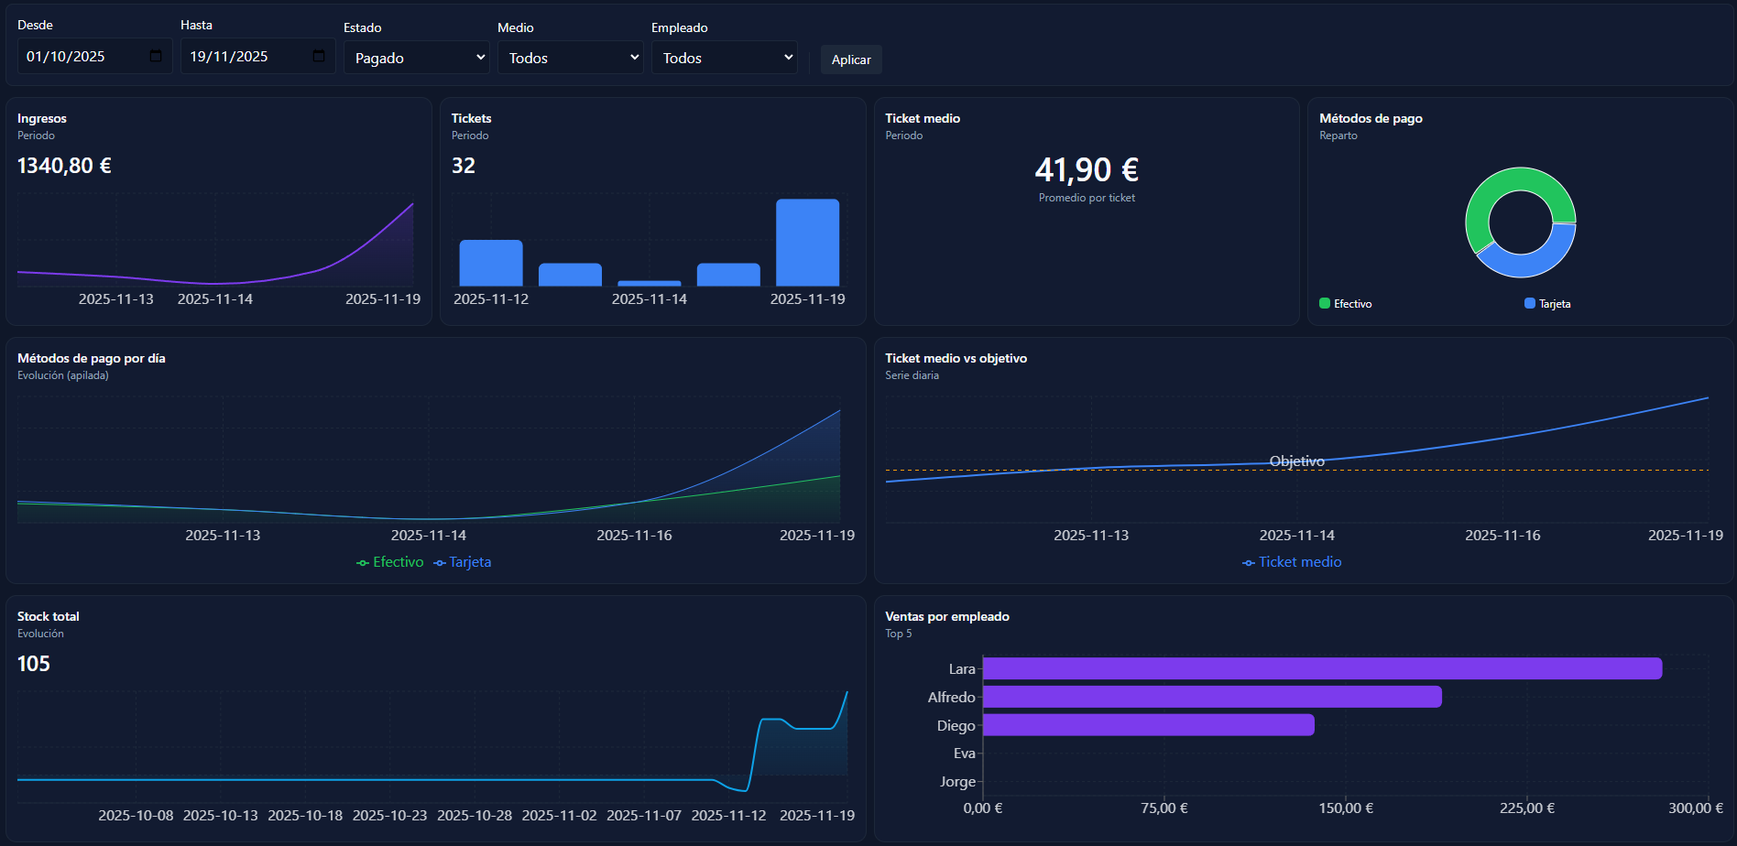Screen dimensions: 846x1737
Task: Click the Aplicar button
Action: (851, 60)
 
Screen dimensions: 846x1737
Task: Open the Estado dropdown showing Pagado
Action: (417, 58)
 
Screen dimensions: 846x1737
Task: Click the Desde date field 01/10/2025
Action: (82, 57)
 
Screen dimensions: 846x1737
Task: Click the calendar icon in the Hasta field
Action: (319, 57)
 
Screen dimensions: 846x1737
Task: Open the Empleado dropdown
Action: (724, 58)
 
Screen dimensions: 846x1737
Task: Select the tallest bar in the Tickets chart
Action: (807, 243)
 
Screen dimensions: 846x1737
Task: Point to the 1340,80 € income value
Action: (64, 166)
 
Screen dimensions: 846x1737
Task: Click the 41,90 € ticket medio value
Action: (1087, 170)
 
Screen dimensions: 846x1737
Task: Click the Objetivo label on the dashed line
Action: (1296, 461)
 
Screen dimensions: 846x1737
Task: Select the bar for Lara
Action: (1321, 668)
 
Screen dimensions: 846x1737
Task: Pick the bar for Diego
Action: (1148, 725)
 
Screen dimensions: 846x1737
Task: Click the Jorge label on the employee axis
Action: (957, 782)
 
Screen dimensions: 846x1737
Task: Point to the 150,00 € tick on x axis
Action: (1345, 808)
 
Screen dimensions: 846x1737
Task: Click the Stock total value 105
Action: (34, 664)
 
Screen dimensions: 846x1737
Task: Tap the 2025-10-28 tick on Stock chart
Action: (475, 815)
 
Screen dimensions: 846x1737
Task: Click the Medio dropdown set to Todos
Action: (570, 58)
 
